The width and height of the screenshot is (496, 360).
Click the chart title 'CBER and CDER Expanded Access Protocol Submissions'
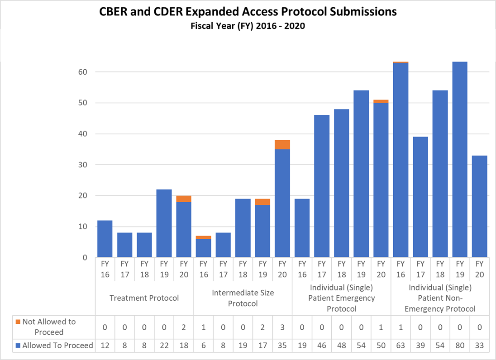(248, 12)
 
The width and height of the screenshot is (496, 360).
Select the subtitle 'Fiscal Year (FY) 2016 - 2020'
(248, 26)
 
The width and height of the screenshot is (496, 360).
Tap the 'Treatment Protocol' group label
(144, 298)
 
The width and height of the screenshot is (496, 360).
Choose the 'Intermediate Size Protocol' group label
(243, 298)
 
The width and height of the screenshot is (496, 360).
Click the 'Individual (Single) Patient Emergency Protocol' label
(341, 298)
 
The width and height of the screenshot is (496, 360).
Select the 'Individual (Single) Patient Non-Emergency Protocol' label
(440, 298)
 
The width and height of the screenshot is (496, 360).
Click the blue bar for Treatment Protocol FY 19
(164, 223)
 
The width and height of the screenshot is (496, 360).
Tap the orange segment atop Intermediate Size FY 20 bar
(282, 144)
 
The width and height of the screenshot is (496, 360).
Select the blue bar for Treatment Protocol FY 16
(105, 239)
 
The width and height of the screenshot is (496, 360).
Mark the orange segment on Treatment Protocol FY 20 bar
(184, 199)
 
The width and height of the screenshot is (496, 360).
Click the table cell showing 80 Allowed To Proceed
(460, 346)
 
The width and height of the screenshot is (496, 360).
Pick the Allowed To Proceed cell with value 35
(282, 346)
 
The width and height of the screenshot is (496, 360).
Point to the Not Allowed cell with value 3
(282, 327)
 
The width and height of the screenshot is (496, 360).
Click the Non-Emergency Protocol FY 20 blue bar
(480, 207)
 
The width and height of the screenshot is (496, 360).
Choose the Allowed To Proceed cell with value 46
(322, 346)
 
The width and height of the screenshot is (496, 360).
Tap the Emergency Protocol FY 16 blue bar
(302, 228)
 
